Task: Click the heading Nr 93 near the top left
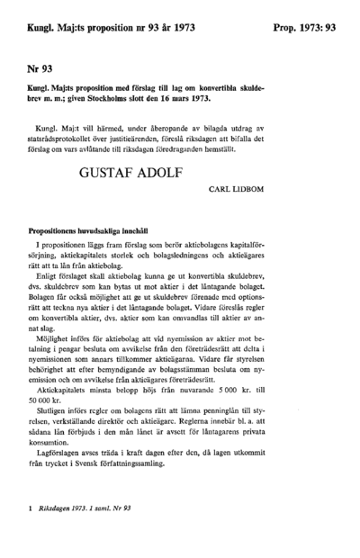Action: (40, 67)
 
